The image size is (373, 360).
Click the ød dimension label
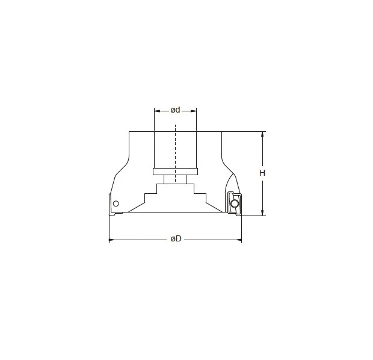coord(176,110)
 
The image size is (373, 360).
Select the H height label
coord(262,173)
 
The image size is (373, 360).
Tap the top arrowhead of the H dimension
coord(262,134)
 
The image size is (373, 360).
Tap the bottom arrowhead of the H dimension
coord(262,212)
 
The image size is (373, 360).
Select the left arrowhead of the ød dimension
coord(156,111)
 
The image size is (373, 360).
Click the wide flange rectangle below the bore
coord(175,171)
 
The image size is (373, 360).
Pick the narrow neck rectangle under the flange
coord(175,179)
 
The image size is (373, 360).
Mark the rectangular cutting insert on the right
coord(234,203)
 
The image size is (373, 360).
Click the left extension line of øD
coord(109,229)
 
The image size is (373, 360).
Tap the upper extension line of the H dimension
coord(244,131)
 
